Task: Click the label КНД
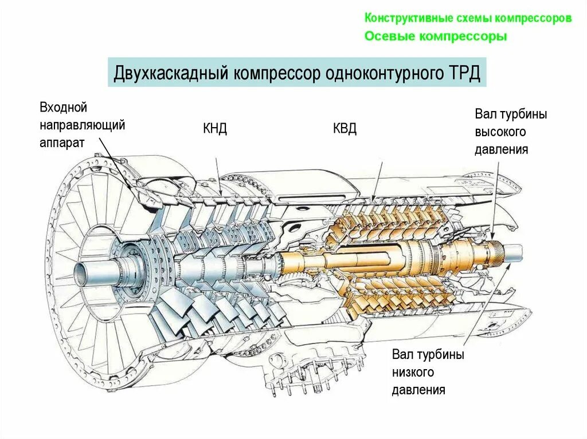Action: (215, 128)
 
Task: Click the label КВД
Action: (345, 128)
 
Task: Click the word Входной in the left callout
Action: (63, 107)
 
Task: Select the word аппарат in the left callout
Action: (62, 143)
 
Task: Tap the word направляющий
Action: (83, 125)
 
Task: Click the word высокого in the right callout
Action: (500, 132)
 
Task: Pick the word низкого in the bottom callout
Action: (413, 373)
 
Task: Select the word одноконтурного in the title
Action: (381, 73)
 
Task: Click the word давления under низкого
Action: (418, 391)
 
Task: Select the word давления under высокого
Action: (501, 150)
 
